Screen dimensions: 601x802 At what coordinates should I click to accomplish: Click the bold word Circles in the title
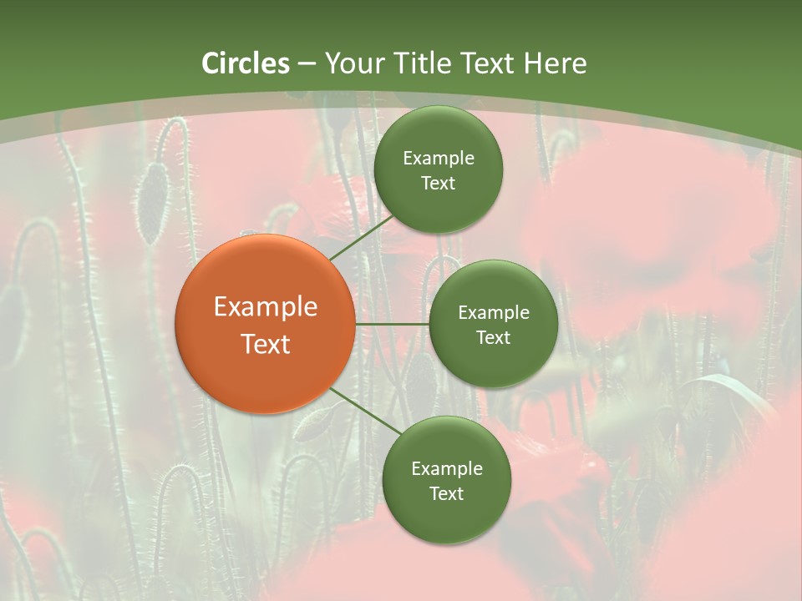click(x=246, y=63)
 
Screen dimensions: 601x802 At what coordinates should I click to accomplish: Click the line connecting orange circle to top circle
click(x=361, y=236)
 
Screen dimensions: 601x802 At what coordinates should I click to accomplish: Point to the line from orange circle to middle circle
click(x=391, y=324)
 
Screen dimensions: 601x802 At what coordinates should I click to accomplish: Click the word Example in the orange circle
click(x=266, y=307)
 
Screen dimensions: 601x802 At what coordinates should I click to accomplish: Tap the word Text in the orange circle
click(x=266, y=344)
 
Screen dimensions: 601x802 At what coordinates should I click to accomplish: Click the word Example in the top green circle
click(x=439, y=159)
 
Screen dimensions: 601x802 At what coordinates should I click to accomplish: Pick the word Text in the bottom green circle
click(x=446, y=494)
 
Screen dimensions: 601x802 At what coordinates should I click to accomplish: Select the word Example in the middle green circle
click(x=494, y=313)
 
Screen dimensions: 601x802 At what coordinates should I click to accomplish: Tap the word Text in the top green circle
click(x=438, y=184)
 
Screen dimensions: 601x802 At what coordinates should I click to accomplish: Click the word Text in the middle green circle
click(x=493, y=338)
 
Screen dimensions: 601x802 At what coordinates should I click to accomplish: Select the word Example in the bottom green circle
click(x=447, y=469)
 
